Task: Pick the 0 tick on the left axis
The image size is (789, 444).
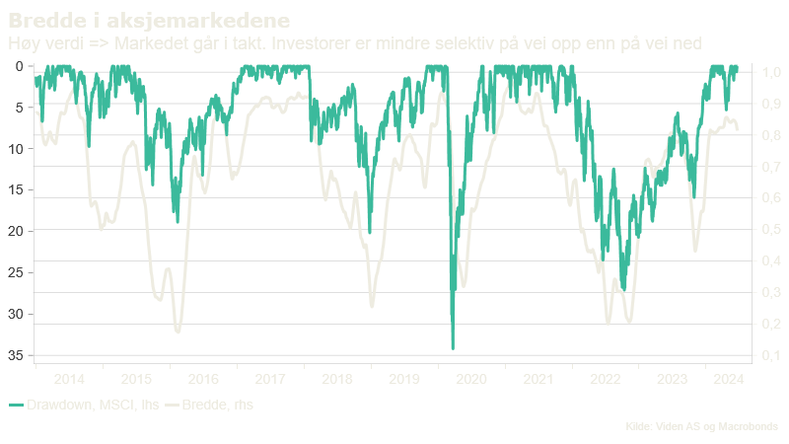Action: point(23,66)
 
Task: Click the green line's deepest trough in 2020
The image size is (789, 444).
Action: point(453,348)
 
